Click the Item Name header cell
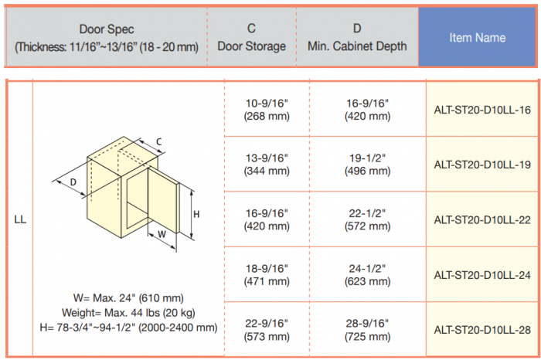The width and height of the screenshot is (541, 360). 477,37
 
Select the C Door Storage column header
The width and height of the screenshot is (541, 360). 251,37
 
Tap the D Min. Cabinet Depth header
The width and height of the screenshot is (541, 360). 357,37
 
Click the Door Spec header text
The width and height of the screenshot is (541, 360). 107,38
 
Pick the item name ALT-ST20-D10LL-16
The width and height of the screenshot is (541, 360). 482,110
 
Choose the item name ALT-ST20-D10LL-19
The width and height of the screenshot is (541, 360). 482,165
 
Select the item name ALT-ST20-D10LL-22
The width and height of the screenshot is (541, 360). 482,220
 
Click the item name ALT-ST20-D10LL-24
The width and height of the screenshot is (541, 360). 482,275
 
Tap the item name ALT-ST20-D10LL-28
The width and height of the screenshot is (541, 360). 482,330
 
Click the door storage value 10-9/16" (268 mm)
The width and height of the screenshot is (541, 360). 267,110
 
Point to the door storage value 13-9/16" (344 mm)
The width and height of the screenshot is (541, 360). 267,165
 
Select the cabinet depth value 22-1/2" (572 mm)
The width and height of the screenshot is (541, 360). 367,219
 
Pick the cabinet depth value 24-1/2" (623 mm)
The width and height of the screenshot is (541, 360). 367,275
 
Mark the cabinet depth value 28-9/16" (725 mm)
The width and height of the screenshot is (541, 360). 367,330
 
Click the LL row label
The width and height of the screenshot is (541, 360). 20,219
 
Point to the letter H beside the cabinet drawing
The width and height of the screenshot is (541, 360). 196,215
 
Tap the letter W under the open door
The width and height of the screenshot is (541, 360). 162,235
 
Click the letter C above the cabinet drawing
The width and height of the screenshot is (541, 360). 158,141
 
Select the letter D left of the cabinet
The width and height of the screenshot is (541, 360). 73,182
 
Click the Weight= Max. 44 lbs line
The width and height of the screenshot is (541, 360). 128,313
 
